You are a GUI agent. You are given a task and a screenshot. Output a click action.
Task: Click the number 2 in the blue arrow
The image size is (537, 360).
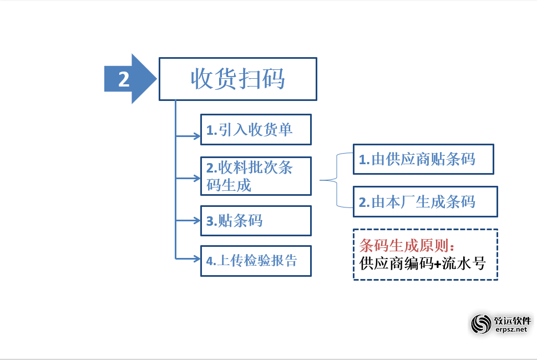124,79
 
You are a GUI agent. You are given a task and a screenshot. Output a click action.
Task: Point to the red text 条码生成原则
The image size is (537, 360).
404,245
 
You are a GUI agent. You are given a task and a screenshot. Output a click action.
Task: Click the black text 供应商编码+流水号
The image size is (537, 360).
422,263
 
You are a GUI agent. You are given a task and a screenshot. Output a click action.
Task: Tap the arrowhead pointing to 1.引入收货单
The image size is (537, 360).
197,136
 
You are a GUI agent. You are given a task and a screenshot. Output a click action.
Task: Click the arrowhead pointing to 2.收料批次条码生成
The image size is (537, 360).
197,178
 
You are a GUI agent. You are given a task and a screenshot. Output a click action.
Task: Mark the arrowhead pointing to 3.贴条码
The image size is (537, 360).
197,221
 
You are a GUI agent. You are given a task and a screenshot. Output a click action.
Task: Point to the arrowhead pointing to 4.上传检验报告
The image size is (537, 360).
197,258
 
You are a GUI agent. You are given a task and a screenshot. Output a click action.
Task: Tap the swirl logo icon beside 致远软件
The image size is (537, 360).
481,324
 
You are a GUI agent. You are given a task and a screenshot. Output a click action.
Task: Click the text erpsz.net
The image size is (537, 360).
511,329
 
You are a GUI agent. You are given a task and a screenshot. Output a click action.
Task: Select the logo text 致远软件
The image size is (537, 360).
512,320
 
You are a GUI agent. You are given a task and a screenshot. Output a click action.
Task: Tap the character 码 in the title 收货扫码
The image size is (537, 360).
273,79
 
